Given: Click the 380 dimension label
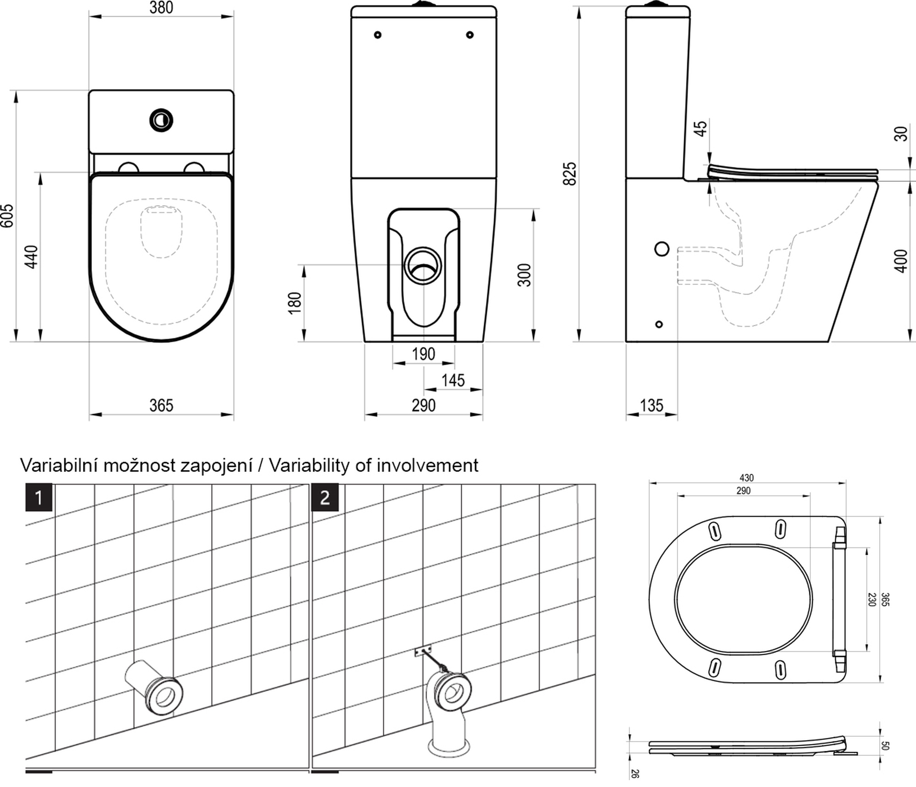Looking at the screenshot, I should pos(161,8).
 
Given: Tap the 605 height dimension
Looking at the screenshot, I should pos(8,216).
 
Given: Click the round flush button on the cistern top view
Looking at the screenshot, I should pos(161,120).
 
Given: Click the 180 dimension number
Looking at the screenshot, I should pos(295,303).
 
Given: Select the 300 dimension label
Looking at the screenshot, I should pos(524,275).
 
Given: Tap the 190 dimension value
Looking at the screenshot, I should pos(423,354).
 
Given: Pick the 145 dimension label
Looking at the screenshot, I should pos(453,380).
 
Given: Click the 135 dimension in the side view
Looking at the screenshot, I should pos(651,405).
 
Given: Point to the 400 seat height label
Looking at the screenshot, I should pos(901,261).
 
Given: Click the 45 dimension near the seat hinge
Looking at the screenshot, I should pos(701,128).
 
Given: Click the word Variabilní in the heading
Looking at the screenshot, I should pos(59,465).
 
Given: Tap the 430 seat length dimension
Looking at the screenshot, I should pos(747,478).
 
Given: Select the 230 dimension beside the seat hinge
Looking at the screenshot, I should pos(872,599).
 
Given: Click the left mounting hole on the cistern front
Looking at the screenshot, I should pos(378,35).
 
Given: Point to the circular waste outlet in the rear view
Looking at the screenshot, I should pos(423,266).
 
